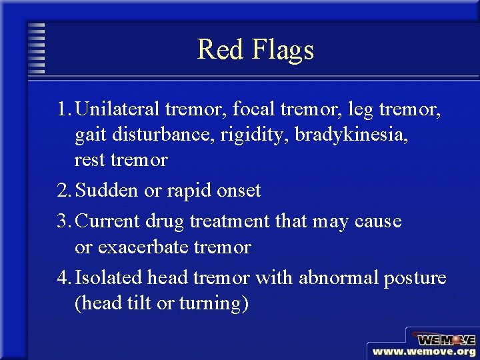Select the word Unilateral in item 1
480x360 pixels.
point(117,108)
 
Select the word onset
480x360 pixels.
point(239,191)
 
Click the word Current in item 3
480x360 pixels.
point(108,220)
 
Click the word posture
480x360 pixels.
point(415,278)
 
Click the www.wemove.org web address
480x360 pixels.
point(424,351)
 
